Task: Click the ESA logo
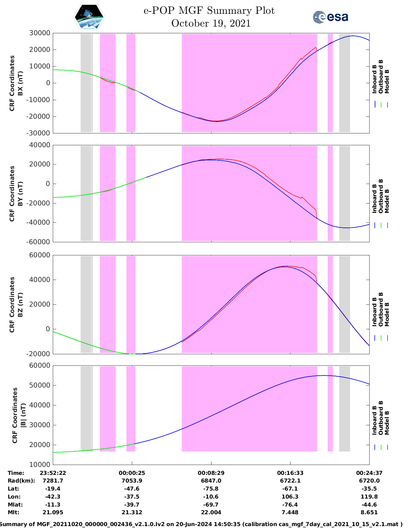click(x=330, y=17)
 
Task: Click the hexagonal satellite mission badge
click(x=89, y=17)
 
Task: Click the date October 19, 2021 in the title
click(x=211, y=23)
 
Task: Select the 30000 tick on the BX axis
click(x=40, y=33)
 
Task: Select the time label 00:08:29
click(x=211, y=473)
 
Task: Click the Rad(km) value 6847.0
click(x=211, y=481)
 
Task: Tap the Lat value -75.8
click(x=211, y=489)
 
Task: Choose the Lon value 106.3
click(x=290, y=497)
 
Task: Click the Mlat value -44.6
click(x=369, y=505)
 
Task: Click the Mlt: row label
click(x=13, y=512)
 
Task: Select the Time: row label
click(x=16, y=473)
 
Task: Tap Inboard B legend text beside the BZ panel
click(x=374, y=312)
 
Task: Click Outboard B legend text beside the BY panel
click(x=380, y=196)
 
